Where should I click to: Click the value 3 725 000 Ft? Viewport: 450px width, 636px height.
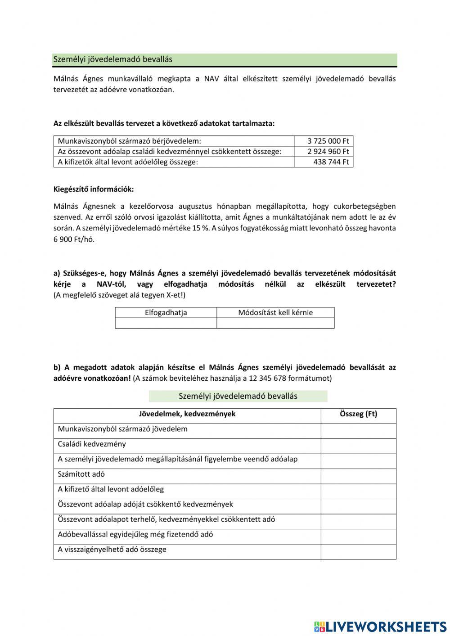coord(328,141)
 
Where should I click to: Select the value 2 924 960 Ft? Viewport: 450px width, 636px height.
coord(328,151)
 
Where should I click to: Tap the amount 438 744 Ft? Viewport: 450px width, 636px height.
coord(331,162)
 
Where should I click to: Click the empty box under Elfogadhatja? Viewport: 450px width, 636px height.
coord(166,323)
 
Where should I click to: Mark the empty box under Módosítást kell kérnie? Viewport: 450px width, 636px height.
coord(275,323)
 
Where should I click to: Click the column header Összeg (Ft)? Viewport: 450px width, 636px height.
coord(358,414)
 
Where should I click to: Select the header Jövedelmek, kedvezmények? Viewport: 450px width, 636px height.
coord(187,414)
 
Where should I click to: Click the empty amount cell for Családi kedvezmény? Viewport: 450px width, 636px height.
coord(358,446)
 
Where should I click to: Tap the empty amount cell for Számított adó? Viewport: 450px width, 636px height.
coord(358,476)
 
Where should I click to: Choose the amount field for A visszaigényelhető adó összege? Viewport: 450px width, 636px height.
coord(358,551)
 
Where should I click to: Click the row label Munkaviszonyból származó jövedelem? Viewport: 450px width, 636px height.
coord(122,429)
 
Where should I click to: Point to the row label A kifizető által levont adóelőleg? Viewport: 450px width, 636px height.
coord(111,489)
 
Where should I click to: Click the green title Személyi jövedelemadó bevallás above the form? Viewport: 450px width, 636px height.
coord(238,396)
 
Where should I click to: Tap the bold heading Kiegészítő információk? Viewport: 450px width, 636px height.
coord(94,189)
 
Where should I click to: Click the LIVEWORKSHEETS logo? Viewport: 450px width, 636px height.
coord(380,627)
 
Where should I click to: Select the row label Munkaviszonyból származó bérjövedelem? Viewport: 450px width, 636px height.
coord(130,141)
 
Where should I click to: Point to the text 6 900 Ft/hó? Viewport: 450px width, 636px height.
coord(74,239)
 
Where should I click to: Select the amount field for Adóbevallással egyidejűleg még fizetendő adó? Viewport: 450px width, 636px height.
coord(358,536)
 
